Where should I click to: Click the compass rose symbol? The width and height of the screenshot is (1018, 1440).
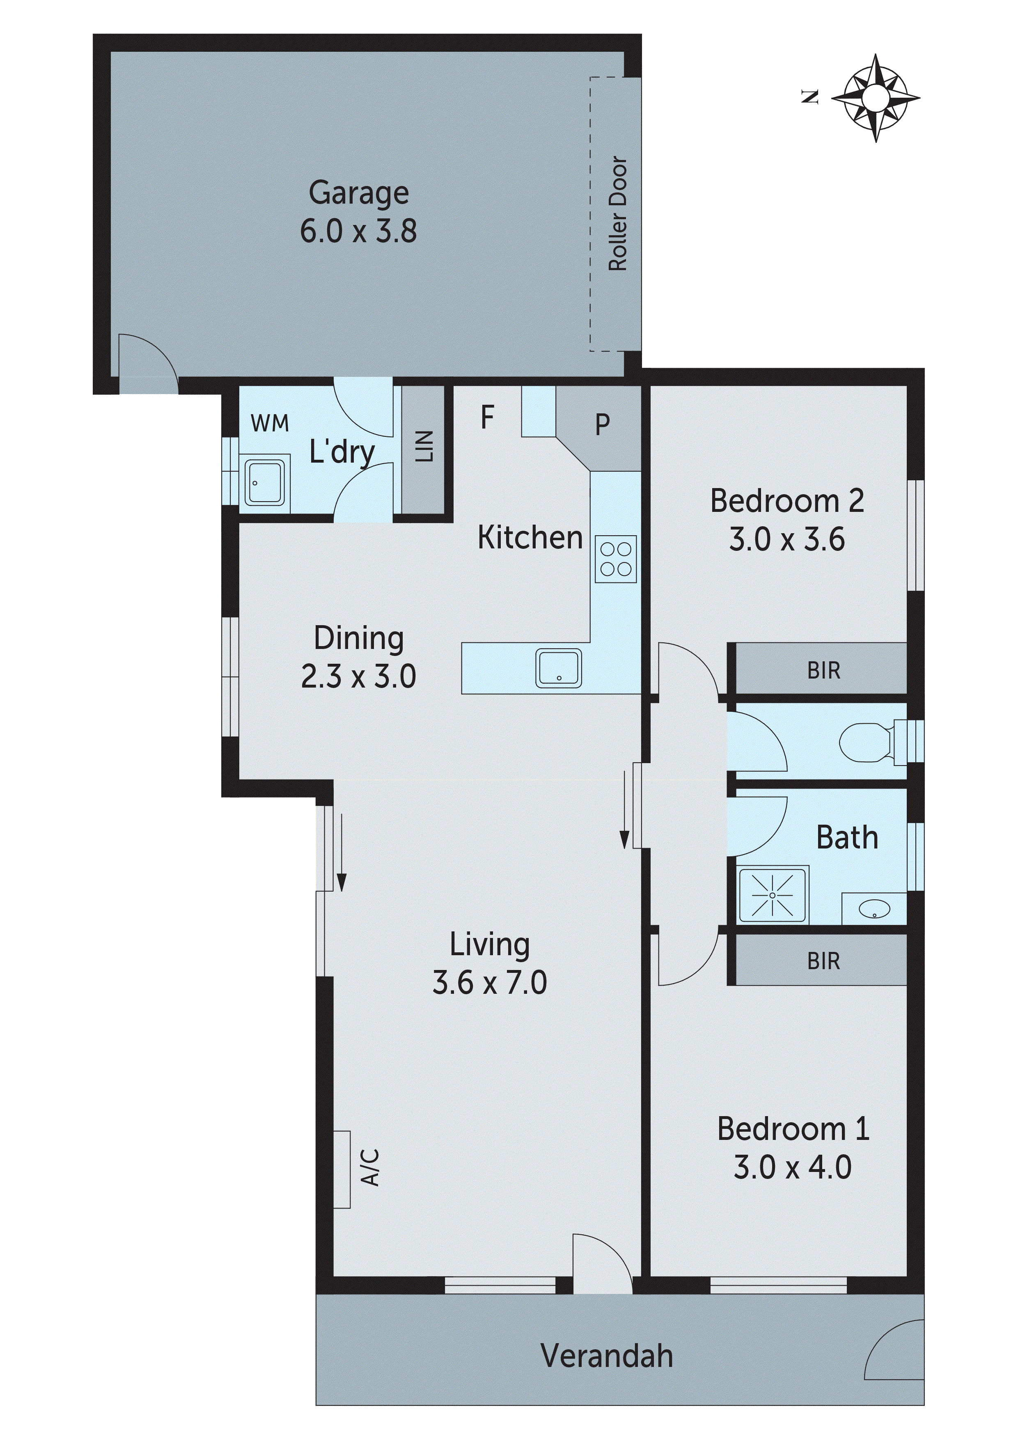[876, 98]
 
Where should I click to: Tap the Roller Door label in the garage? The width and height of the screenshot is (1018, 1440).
[618, 213]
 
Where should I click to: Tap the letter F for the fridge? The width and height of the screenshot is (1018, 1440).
[487, 417]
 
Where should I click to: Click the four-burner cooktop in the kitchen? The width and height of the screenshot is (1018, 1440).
[615, 559]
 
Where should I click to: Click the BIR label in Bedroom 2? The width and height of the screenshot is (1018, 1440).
[823, 670]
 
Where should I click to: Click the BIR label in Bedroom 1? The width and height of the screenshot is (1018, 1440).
[823, 961]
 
